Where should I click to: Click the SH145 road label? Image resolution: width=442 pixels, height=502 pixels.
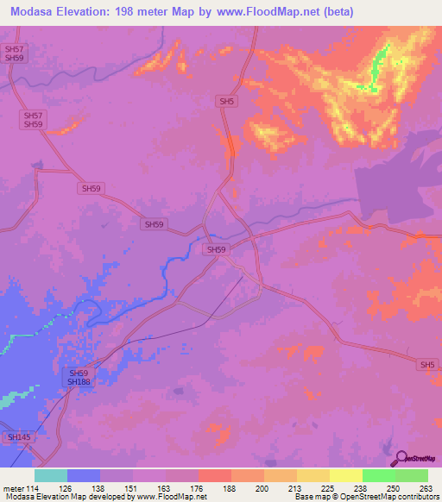point(19,438)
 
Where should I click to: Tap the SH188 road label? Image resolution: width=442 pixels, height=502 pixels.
point(79,380)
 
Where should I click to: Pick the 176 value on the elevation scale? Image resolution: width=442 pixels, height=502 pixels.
point(195,487)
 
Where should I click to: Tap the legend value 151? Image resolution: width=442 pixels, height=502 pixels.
point(131,487)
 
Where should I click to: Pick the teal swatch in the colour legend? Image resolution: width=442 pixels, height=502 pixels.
point(51,475)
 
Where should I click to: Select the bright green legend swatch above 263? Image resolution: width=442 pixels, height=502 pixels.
point(412,475)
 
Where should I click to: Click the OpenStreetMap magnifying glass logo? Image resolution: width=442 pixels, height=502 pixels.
point(401,459)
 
